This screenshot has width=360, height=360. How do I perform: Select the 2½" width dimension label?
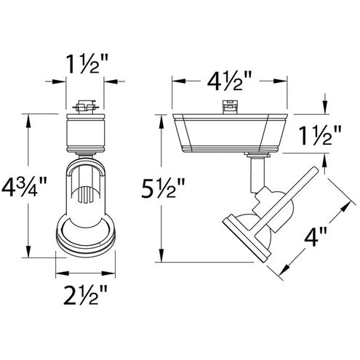(x=85, y=295)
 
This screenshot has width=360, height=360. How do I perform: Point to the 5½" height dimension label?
(x=163, y=188)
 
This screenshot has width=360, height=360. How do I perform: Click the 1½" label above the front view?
(x=86, y=64)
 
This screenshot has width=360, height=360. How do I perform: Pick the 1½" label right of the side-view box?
(x=320, y=135)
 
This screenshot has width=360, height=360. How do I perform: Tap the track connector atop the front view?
(x=86, y=107)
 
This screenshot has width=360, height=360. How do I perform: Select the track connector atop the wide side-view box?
(x=229, y=107)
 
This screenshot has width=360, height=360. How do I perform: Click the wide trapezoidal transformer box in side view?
(x=230, y=133)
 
